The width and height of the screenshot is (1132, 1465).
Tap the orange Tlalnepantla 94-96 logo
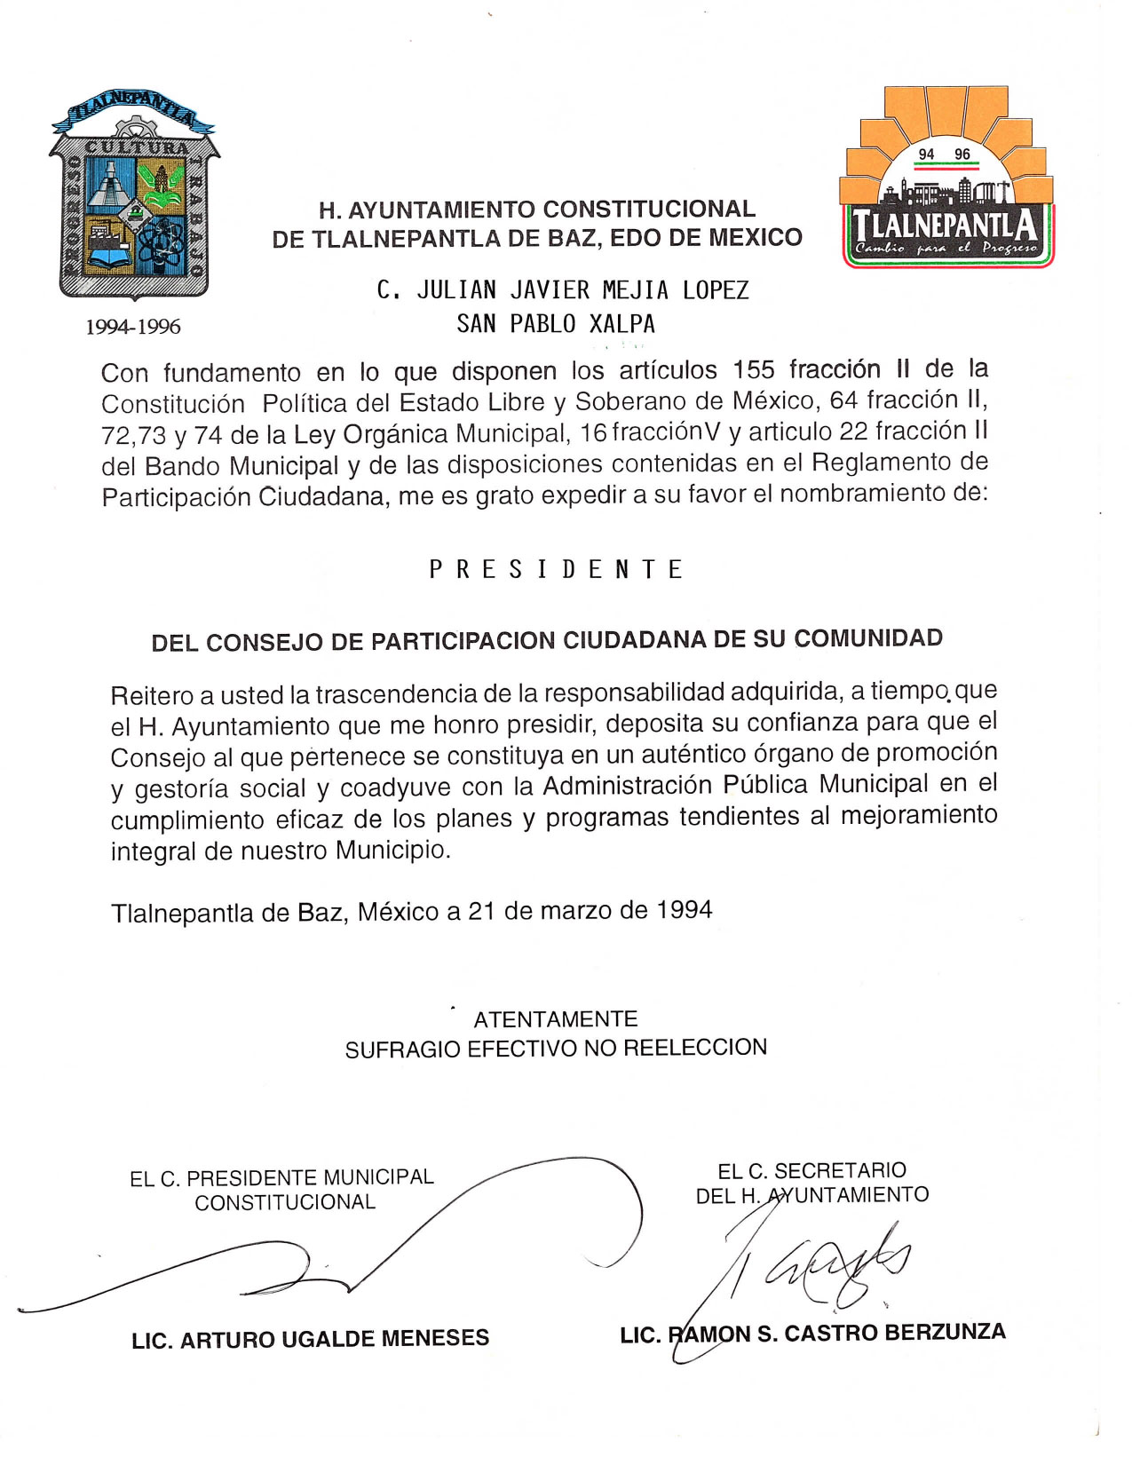(947, 178)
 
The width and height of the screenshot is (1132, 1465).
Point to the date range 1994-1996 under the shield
(133, 327)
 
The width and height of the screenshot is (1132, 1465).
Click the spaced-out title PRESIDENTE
(556, 569)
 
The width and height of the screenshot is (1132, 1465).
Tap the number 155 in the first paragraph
(754, 369)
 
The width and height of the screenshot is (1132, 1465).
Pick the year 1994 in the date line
(684, 910)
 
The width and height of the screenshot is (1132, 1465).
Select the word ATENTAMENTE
(556, 1019)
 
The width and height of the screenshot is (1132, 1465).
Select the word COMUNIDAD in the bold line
(868, 638)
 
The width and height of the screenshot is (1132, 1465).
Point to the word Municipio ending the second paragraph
(392, 851)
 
